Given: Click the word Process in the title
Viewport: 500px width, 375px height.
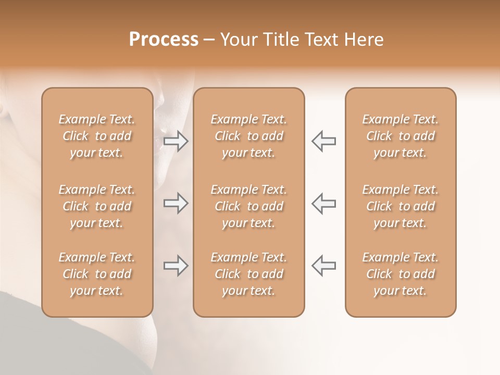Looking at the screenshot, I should (x=164, y=40).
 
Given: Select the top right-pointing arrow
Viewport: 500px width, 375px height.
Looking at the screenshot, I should (x=176, y=141).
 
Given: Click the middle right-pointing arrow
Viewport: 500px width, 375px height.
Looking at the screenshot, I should (x=176, y=203).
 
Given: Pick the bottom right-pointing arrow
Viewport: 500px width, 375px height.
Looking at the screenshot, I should (x=176, y=266).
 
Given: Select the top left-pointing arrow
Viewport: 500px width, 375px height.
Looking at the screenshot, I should (x=323, y=141).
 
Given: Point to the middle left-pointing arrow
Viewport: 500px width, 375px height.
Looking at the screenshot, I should (x=323, y=203).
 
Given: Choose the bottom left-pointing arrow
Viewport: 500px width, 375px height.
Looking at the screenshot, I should (x=323, y=266).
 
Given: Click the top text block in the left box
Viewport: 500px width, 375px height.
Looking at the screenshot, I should (x=97, y=136).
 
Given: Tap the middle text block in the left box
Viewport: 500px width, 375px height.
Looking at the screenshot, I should (x=97, y=206).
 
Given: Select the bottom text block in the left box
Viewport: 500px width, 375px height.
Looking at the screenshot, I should (x=97, y=274).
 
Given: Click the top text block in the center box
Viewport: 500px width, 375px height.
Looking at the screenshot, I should (x=248, y=136).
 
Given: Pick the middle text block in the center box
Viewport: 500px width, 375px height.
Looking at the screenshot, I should (x=248, y=206).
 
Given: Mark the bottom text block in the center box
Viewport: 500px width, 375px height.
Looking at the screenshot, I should (x=248, y=274).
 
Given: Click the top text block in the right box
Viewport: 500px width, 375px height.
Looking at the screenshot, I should (x=400, y=136).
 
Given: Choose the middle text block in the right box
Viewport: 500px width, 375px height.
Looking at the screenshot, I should (x=400, y=206).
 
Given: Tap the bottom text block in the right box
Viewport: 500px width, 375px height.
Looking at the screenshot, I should (x=400, y=274).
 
